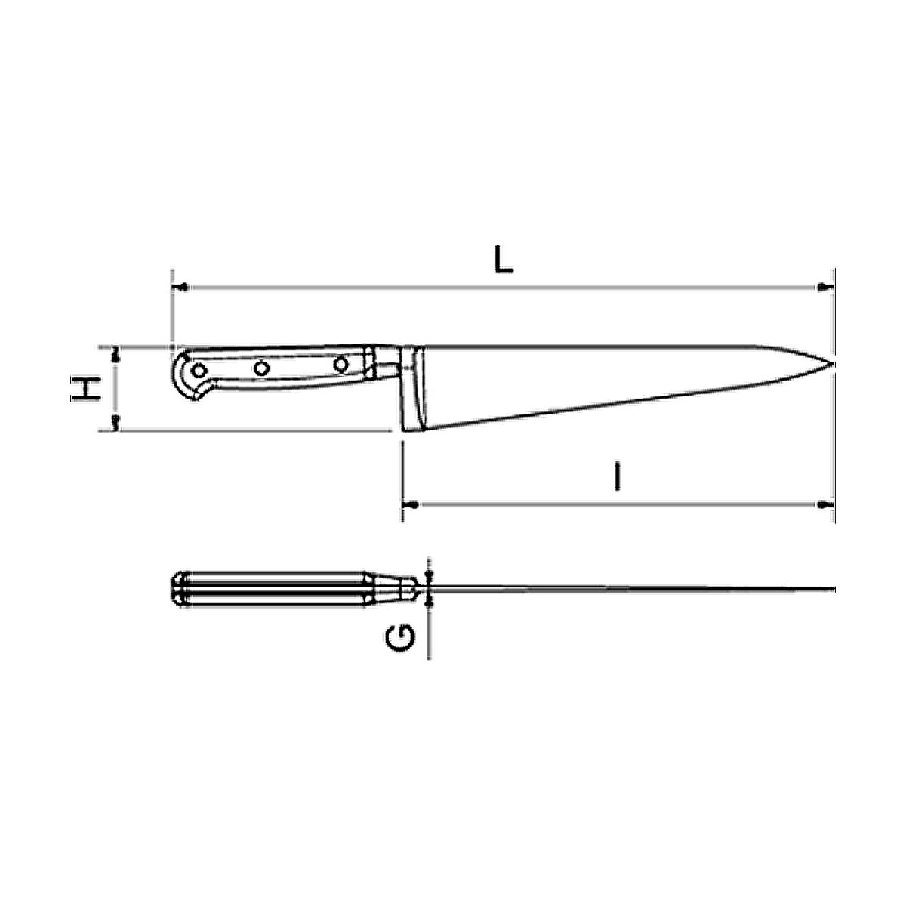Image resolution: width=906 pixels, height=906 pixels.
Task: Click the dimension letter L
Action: pos(503,260)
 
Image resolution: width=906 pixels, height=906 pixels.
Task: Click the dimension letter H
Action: pos(85,388)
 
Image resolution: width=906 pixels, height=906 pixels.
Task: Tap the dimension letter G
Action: pos(401,637)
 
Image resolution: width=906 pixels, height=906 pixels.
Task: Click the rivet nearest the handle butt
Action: pos(199,371)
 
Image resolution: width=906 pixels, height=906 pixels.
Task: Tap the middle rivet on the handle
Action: pos(261,368)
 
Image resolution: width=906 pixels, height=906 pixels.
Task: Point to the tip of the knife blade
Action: pos(834,363)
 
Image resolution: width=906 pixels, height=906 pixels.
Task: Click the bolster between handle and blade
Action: pos(412,389)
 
